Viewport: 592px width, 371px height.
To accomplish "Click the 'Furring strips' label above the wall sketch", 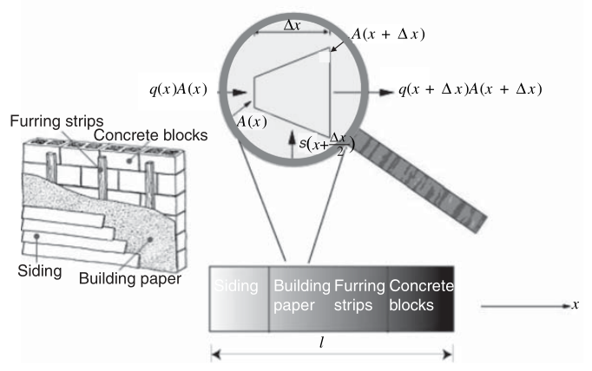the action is tap(56, 121).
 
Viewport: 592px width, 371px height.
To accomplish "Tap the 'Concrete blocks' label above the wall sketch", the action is tap(151, 135).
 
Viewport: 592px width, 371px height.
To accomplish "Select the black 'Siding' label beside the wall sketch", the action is tap(40, 271).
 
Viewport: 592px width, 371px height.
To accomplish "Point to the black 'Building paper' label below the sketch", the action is tap(130, 279).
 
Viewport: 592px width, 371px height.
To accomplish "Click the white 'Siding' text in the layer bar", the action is tap(236, 286).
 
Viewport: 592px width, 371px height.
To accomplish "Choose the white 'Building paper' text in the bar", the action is tap(302, 296).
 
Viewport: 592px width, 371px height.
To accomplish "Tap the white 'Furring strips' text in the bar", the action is tap(359, 296).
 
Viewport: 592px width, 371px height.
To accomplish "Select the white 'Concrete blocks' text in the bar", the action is tap(421, 296).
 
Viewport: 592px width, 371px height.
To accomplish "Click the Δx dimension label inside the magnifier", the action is tap(292, 25).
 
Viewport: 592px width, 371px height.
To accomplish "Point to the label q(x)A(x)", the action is tap(178, 89).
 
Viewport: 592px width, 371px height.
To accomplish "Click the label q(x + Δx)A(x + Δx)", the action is tap(470, 89).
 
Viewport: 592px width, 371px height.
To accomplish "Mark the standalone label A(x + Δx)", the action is tap(388, 34).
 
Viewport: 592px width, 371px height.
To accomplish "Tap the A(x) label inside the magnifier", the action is tap(252, 121).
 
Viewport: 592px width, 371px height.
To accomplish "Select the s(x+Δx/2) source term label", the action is tap(327, 144).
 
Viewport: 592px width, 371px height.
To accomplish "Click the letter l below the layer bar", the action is tap(321, 342).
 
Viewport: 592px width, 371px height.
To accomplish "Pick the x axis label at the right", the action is tap(575, 304).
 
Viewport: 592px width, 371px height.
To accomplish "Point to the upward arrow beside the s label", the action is tap(292, 144).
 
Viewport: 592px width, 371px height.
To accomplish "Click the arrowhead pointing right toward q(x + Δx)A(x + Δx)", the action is tap(386, 92).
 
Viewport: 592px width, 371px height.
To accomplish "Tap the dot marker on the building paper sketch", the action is tap(150, 239).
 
